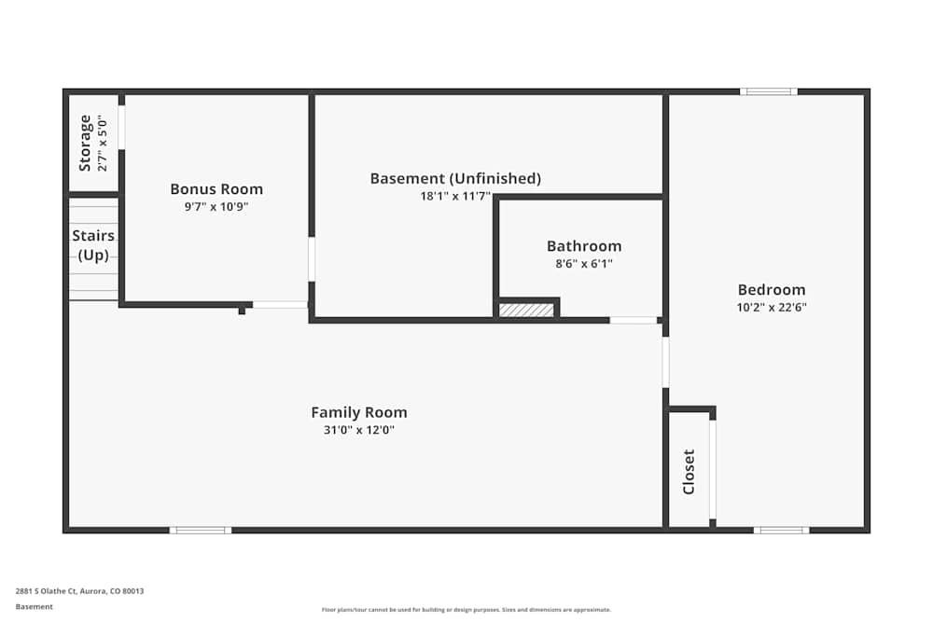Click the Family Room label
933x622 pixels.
coord(359,412)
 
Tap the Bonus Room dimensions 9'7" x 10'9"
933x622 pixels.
coord(216,206)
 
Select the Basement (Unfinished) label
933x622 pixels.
coord(455,178)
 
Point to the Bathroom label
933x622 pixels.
coord(584,246)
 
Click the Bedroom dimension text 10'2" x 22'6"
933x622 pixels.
coord(772,307)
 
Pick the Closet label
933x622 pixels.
coord(689,472)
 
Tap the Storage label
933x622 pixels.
coord(86,143)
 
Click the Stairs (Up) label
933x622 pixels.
coord(93,245)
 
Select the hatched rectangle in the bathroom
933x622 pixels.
coord(526,310)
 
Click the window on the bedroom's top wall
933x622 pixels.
coord(769,91)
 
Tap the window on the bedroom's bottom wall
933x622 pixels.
coord(781,530)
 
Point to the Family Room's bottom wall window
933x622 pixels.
coord(201,530)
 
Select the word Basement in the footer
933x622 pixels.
coord(35,606)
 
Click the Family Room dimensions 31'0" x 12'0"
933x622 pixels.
coord(359,430)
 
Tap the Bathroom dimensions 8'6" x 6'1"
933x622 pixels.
coord(584,264)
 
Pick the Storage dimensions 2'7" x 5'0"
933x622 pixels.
coord(103,143)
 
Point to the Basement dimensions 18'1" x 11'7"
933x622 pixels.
coord(455,196)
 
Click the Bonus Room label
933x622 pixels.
coord(216,189)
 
